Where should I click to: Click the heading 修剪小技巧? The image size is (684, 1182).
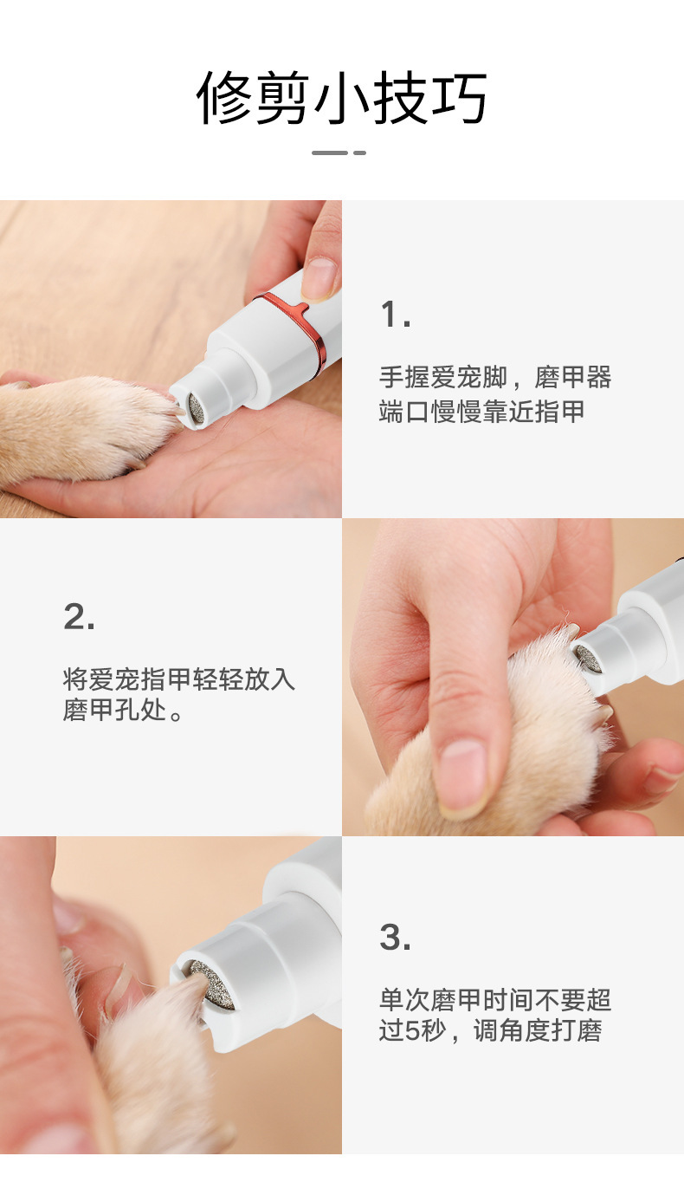tap(342, 97)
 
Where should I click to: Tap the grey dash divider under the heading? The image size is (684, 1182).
tap(339, 153)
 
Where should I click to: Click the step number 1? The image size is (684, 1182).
tap(395, 315)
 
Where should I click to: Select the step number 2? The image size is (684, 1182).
tap(79, 617)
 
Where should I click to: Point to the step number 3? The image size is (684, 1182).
tap(395, 937)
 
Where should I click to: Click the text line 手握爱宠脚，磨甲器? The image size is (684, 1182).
tap(495, 378)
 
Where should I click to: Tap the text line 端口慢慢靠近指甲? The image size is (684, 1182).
tap(482, 411)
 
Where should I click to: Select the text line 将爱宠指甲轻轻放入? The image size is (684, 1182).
tap(179, 679)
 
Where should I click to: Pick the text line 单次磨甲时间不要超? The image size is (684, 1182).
tap(495, 1000)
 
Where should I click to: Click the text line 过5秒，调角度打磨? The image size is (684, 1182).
tap(490, 1031)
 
